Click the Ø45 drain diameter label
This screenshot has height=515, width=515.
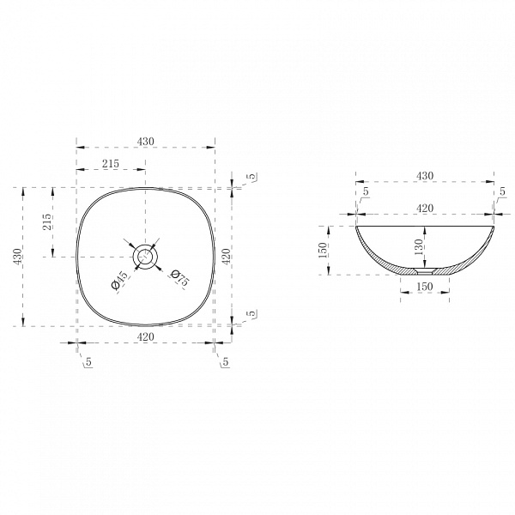pos(119,280)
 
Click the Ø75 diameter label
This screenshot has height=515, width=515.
pos(180,277)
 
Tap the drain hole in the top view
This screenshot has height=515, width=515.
pos(145,257)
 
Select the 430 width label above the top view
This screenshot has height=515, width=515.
pos(146,142)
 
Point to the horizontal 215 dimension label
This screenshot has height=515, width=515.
pos(111,163)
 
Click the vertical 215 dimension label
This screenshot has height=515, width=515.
pos(46,221)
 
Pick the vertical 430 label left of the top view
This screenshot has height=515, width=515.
pos(17,257)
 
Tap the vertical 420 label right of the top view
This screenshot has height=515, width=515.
pos(226,257)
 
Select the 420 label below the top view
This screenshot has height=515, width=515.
pos(146,336)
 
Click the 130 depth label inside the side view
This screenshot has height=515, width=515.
pos(418,247)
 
